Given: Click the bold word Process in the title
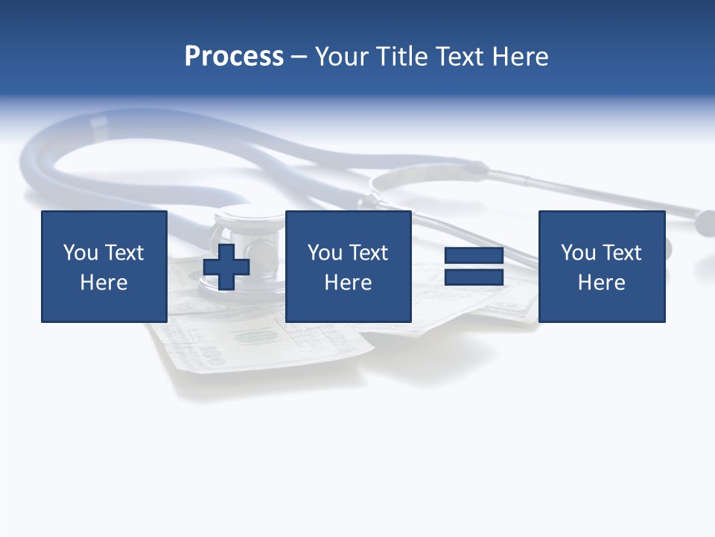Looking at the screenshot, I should [234, 57].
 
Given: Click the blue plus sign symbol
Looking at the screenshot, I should [226, 266].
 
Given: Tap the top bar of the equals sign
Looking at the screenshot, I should [474, 256].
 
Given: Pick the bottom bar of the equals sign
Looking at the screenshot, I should [474, 277].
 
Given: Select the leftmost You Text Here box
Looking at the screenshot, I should [104, 266].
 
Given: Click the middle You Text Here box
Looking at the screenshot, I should [349, 266].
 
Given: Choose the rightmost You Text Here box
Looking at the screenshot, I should [602, 266].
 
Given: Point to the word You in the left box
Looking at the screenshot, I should [80, 253].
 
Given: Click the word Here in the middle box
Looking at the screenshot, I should [349, 283].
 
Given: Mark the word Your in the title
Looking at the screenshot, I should [343, 57].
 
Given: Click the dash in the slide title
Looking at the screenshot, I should [299, 57].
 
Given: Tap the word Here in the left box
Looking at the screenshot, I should [104, 283].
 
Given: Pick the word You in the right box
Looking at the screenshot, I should [577, 253].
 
